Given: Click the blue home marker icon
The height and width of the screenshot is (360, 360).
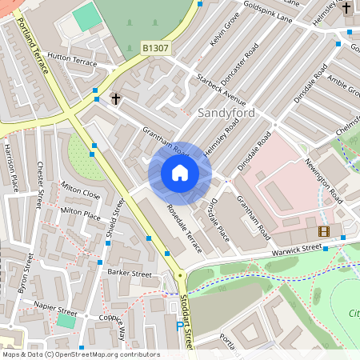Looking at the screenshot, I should pos(180,173).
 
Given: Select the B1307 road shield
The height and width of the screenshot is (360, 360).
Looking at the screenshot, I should pos(156,49).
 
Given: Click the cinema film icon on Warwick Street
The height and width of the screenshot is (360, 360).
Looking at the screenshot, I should pos(323,231).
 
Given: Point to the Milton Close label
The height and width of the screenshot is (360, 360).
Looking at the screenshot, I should pos(81,194).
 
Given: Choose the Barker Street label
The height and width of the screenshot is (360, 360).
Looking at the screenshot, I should pos(129,274).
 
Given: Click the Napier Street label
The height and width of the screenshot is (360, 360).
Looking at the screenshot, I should pos(55,306).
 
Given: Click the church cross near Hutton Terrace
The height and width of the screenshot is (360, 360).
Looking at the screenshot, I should pos(116,99).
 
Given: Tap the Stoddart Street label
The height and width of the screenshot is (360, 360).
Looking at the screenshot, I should pos(189,320).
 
